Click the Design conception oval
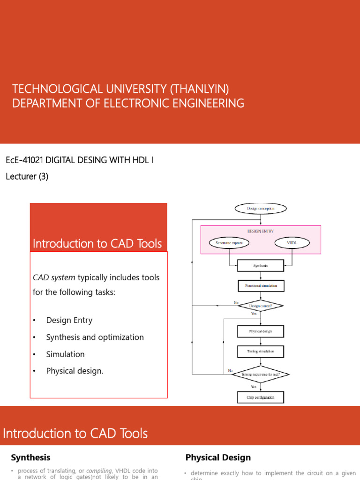pos(261,208)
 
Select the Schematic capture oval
pos(229,243)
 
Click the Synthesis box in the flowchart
pos(261,266)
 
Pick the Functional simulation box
pos(261,285)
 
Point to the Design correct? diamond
pos(261,306)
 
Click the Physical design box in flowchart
pos(261,331)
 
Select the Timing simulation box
pos(261,351)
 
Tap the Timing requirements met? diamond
pos(261,374)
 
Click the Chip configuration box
pos(261,397)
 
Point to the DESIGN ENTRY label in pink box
pos(261,231)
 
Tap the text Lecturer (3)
pos(27,177)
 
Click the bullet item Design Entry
pos(69,320)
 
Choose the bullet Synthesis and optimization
pos(95,337)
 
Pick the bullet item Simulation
pos(65,354)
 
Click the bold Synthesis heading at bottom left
pos(30,457)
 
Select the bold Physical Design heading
pos(218,457)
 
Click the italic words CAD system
pos(54,277)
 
